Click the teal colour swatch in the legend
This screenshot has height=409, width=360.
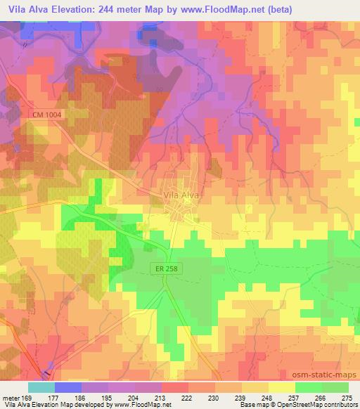click(41, 387)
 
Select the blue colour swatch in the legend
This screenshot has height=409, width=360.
click(67, 387)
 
